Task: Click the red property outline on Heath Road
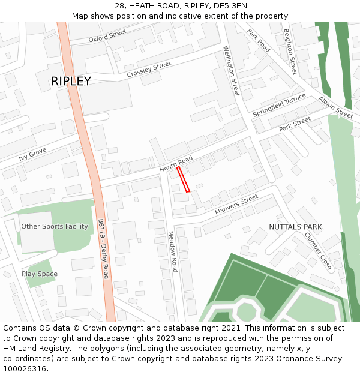click(183, 179)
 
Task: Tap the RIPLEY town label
click(71, 81)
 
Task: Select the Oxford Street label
click(107, 36)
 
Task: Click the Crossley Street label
click(149, 69)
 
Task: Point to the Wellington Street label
click(231, 71)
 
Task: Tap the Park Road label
click(259, 40)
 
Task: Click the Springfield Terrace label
click(279, 105)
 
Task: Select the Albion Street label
click(336, 107)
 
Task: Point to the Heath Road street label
click(176, 164)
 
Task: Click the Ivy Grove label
click(32, 154)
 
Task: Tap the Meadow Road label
click(173, 251)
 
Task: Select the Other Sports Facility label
click(55, 226)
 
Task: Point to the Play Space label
click(40, 274)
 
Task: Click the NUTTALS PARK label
click(295, 227)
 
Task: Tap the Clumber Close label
click(317, 250)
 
